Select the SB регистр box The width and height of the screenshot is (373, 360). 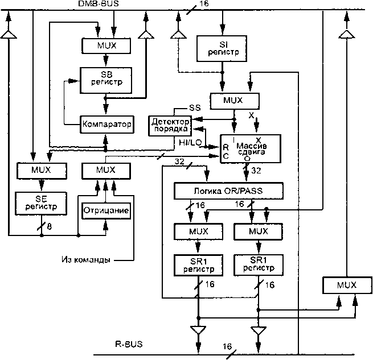coord(104,80)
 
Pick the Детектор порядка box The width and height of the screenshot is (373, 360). coord(169,125)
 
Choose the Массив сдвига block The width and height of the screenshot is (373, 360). coord(251,149)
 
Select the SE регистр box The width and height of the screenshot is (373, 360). coord(40,201)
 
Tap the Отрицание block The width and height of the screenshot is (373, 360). coord(106,211)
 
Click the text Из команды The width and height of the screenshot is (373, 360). coord(85,260)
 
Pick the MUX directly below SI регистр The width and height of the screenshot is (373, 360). coord(234,101)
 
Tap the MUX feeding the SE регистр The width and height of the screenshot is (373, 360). coord(41,169)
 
